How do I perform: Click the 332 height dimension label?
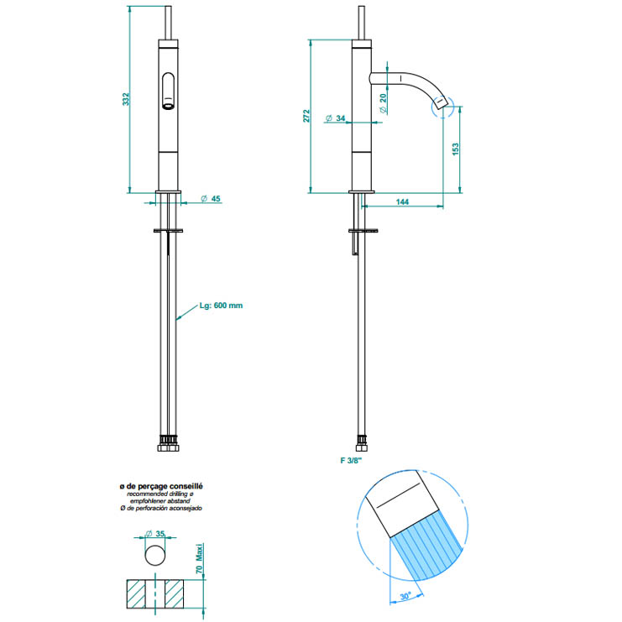pyautogui.click(x=125, y=99)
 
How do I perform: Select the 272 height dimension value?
pyautogui.click(x=306, y=116)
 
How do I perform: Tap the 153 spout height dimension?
pyautogui.click(x=456, y=149)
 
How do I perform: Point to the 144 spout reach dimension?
pyautogui.click(x=402, y=202)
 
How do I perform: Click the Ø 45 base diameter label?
pyautogui.click(x=211, y=198)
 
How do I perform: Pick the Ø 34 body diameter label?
pyautogui.click(x=335, y=118)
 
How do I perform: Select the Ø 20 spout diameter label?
pyautogui.click(x=383, y=103)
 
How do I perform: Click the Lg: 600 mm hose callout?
pyautogui.click(x=221, y=306)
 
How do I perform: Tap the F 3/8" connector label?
pyautogui.click(x=352, y=460)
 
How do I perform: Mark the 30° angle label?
pyautogui.click(x=405, y=596)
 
